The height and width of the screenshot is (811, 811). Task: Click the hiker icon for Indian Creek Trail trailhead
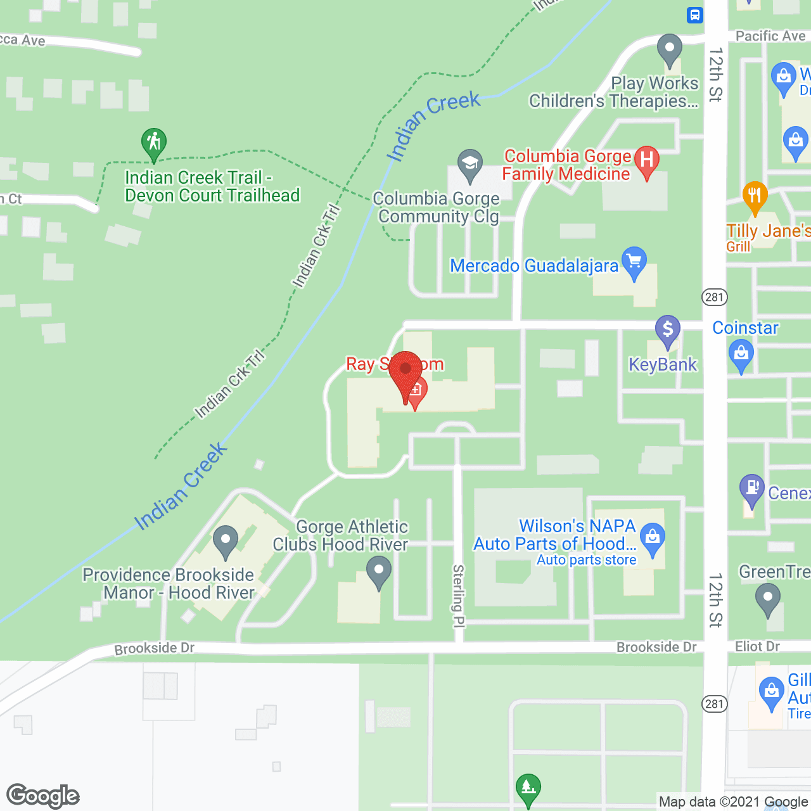(x=154, y=143)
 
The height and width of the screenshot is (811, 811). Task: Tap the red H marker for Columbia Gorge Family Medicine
(x=646, y=161)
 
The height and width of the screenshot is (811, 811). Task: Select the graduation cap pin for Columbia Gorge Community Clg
(x=469, y=165)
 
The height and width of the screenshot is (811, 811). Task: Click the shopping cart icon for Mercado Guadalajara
(x=634, y=262)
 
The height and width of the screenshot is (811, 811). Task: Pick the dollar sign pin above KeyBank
(x=667, y=330)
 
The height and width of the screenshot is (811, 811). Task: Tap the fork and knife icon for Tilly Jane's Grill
(x=754, y=196)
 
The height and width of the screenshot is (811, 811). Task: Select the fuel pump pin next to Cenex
(x=752, y=489)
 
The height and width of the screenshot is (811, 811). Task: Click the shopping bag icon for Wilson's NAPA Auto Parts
(x=652, y=538)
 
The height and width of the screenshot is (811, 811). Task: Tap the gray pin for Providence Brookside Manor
(x=225, y=540)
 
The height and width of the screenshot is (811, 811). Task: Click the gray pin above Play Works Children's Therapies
(x=669, y=49)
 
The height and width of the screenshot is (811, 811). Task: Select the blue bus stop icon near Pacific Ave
(x=695, y=14)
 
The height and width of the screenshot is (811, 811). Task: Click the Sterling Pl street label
(x=458, y=596)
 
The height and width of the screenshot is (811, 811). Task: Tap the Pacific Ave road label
(x=770, y=36)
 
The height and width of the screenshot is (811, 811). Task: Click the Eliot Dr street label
(x=757, y=646)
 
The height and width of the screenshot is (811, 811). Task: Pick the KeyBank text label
(x=662, y=364)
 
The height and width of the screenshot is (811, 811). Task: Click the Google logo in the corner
(x=43, y=796)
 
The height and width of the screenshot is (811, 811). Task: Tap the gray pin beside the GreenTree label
(x=768, y=598)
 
